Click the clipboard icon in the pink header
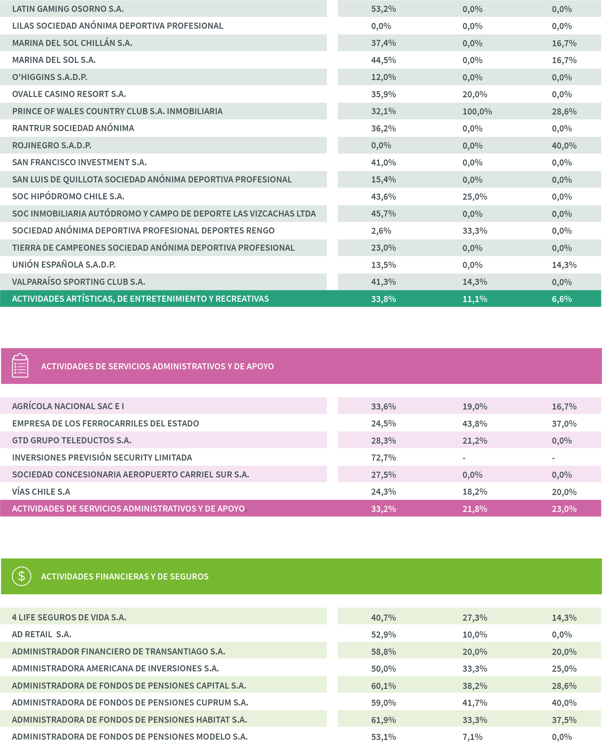click(x=20, y=366)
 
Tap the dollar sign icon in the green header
click(x=21, y=576)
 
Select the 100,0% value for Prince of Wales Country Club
click(x=477, y=111)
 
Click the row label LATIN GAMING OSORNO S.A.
click(x=68, y=9)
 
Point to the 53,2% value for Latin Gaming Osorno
click(x=383, y=9)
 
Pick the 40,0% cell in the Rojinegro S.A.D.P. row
click(x=564, y=145)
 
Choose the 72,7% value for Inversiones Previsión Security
click(x=383, y=457)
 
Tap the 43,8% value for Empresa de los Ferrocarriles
click(x=475, y=423)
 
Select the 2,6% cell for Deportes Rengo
click(x=381, y=231)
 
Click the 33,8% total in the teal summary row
click(x=383, y=299)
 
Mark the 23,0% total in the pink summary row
click(x=564, y=509)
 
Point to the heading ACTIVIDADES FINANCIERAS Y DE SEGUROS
click(x=125, y=576)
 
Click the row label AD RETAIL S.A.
click(x=42, y=634)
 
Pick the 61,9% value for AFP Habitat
click(x=383, y=720)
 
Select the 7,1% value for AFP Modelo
click(x=472, y=737)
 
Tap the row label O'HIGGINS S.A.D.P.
click(x=50, y=77)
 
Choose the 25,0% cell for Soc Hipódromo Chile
click(x=475, y=197)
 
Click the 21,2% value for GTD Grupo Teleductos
click(x=475, y=440)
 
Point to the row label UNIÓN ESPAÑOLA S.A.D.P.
click(x=64, y=265)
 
